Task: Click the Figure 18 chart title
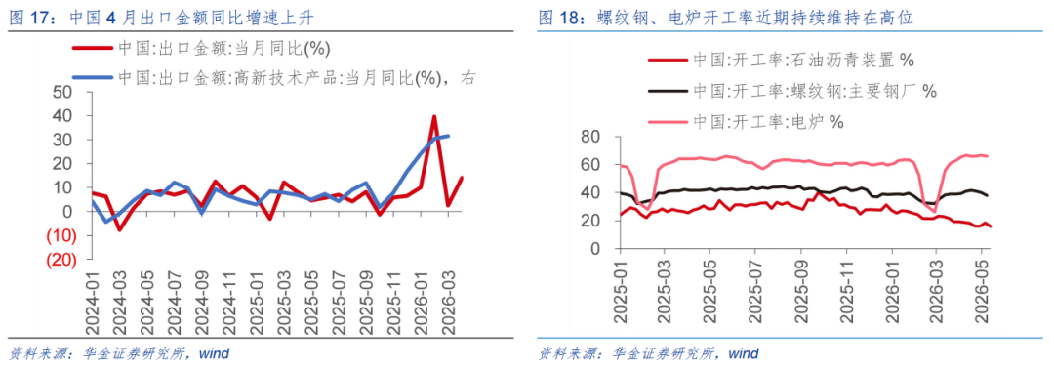tap(726, 18)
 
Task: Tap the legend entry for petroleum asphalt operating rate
tap(781, 61)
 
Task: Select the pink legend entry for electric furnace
tap(747, 122)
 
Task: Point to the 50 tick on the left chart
tap(69, 92)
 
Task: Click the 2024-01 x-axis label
tap(95, 302)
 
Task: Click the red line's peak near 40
tap(434, 116)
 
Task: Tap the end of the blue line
tap(448, 136)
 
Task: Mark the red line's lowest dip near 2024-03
tap(119, 229)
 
